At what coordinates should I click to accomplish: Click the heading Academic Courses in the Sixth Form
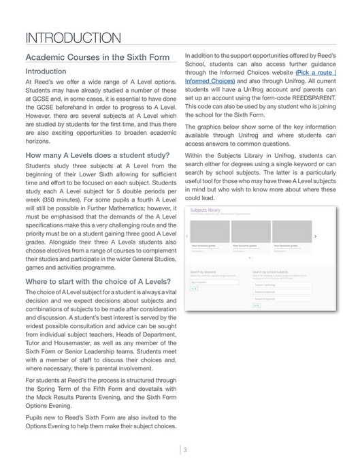(97, 57)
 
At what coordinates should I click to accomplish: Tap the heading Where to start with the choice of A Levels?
(98, 281)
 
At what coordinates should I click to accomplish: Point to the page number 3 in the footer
(184, 449)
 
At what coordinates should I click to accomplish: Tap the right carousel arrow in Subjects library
(315, 236)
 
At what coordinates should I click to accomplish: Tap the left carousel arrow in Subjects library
(187, 236)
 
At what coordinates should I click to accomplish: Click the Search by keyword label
(205, 271)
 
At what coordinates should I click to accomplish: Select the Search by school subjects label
(273, 271)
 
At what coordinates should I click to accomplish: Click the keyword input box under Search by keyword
(214, 282)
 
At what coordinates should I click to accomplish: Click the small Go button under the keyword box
(194, 289)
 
